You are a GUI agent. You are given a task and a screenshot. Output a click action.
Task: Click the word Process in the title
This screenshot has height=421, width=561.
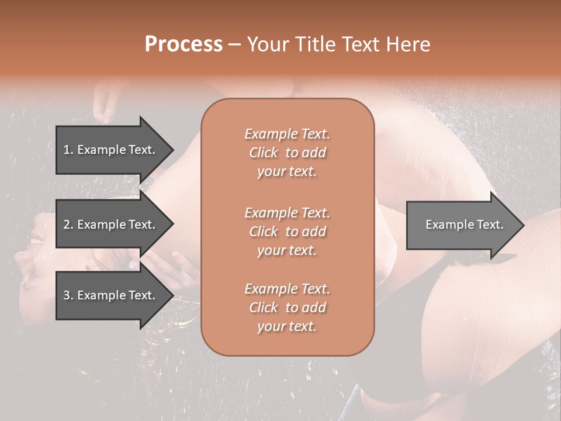point(183,44)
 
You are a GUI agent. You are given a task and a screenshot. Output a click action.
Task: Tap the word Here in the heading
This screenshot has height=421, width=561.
point(408,44)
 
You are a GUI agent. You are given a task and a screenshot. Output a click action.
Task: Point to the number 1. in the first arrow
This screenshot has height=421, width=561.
point(68,150)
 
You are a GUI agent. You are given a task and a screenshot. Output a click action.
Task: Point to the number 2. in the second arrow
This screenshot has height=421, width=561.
point(68,225)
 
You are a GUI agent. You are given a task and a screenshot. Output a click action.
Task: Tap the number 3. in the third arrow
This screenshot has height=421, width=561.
point(68,295)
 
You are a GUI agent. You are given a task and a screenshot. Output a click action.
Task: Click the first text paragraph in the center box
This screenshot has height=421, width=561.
point(288,153)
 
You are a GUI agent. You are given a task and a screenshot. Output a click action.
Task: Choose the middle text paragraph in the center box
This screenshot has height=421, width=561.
point(288,231)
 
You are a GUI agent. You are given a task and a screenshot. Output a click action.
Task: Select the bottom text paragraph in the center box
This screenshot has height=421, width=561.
point(288,308)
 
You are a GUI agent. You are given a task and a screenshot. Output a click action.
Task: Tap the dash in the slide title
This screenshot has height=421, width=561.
point(234,44)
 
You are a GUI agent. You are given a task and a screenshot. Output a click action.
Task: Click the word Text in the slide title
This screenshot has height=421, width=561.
point(357,44)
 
